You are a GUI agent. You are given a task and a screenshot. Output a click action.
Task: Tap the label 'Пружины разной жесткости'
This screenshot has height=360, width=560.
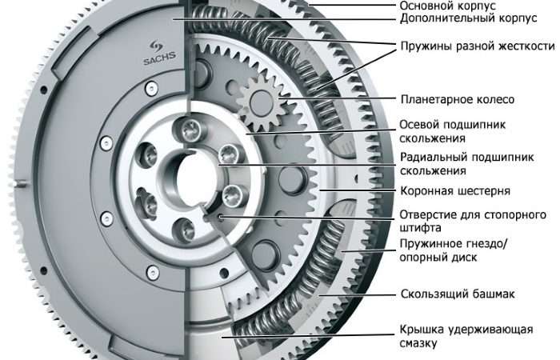477,46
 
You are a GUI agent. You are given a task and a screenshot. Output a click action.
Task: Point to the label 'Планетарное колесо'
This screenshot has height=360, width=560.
457,99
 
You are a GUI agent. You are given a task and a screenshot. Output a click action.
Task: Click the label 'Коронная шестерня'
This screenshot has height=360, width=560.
454,192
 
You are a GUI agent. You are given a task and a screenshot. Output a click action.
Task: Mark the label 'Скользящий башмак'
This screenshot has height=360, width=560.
458,294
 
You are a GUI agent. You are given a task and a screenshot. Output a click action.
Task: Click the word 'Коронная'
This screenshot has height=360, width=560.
426,192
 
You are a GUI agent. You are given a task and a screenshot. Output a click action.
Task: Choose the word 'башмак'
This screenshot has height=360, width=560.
491,294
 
